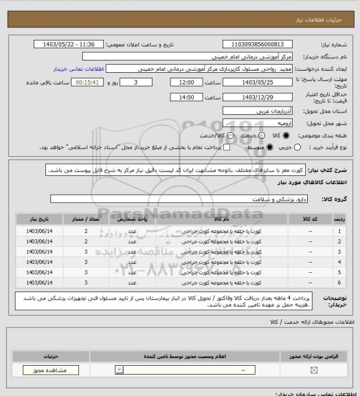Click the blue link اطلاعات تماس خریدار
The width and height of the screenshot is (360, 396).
[80, 69]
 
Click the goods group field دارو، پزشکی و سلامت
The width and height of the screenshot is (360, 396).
[180, 199]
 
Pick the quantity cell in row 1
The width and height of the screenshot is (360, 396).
[87, 231]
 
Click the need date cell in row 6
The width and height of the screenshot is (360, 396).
[41, 282]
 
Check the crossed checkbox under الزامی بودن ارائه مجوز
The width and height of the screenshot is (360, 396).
[314, 371]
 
